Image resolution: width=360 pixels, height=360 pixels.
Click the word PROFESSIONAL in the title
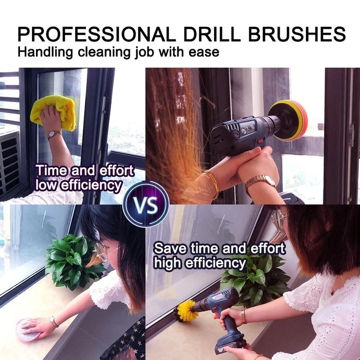[92, 35]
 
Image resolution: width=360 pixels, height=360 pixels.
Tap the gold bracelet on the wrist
[211, 182]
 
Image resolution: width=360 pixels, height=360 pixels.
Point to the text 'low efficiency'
[79, 184]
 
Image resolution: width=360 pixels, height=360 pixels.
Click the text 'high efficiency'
[200, 263]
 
